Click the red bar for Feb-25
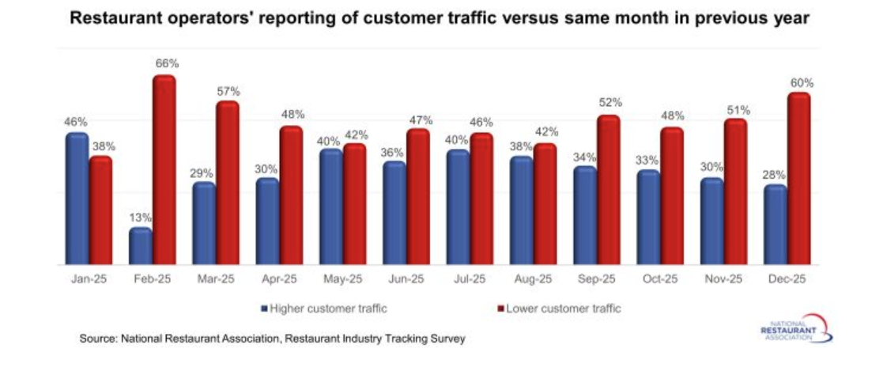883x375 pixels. point(164,170)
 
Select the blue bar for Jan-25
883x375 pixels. point(77,199)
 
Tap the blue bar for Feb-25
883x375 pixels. point(140,246)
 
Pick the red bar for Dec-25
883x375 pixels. point(799,179)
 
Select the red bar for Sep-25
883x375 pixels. point(608,190)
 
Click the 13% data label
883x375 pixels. point(140,217)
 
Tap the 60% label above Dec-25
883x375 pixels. point(800,82)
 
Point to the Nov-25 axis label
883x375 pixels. point(723,280)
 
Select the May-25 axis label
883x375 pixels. point(342,280)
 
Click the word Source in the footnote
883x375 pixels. point(98,338)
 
